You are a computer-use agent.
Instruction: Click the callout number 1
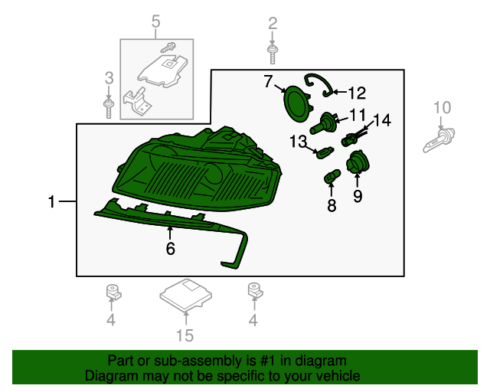click(x=51, y=202)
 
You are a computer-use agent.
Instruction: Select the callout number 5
click(x=156, y=22)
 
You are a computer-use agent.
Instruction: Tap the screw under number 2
click(x=273, y=53)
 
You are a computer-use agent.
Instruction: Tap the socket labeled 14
click(x=353, y=139)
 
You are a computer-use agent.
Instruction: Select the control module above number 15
click(x=185, y=295)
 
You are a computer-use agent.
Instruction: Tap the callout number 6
click(x=171, y=248)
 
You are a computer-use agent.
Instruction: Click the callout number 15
click(x=185, y=335)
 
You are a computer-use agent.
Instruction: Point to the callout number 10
click(x=443, y=107)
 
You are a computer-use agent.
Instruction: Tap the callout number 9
click(x=358, y=196)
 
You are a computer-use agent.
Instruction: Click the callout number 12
click(x=356, y=93)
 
